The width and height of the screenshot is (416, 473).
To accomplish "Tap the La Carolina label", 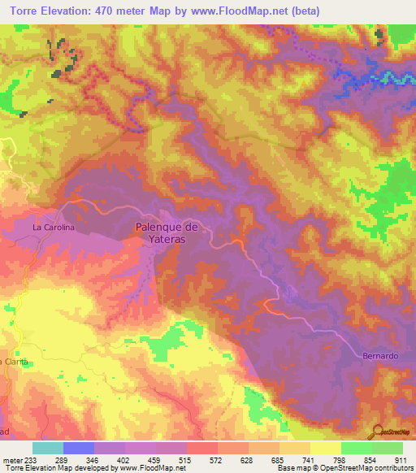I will point(54,228).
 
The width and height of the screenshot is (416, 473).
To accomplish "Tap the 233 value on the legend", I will point(30,459).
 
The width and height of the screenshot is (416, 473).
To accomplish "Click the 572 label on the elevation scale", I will point(215,459).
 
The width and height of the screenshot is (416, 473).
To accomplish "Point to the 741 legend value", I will point(308,459).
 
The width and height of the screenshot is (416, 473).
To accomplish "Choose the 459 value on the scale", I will point(154,459).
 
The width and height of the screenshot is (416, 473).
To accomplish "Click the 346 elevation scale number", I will point(92,459).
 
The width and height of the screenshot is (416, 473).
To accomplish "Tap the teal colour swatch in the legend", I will point(48,448).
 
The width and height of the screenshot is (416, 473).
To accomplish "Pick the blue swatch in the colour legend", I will point(79,448).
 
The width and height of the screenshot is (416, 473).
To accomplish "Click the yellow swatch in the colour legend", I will point(326,448).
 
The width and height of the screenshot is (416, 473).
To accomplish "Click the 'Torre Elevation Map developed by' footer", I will point(58,468).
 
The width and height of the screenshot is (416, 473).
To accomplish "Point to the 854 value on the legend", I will point(370,459).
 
